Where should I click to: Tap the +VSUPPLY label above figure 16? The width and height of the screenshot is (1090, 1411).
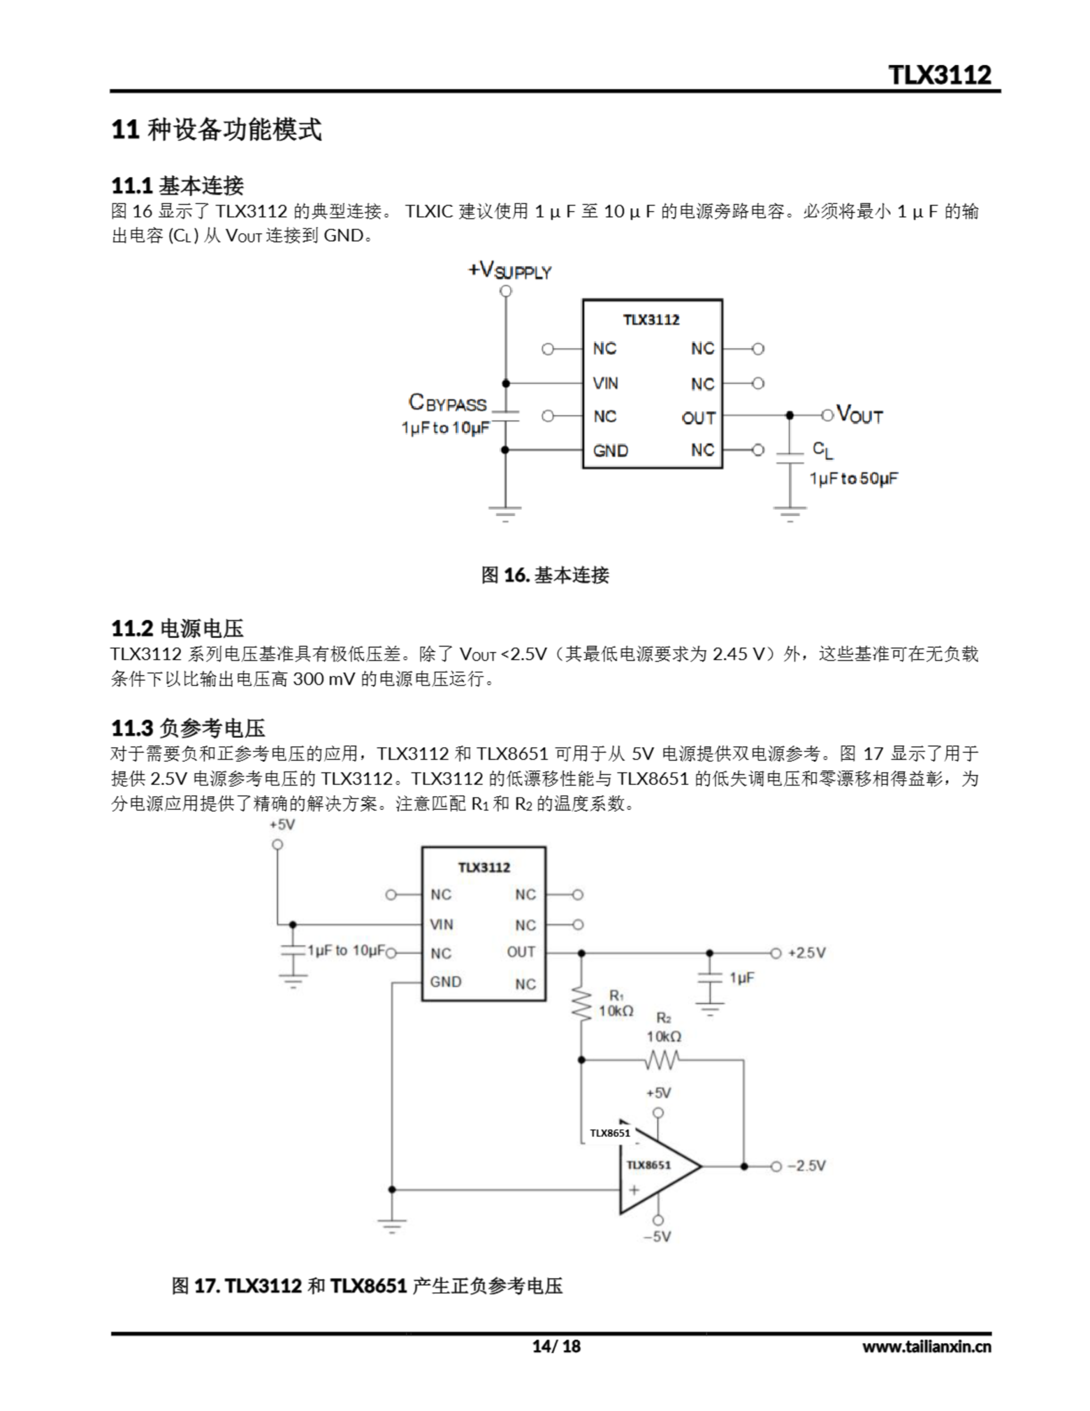[510, 270]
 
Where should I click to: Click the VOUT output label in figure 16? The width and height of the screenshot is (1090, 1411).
[859, 414]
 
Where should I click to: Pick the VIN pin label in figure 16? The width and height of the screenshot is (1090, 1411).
[606, 383]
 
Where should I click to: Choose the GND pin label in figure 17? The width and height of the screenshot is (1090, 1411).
[445, 982]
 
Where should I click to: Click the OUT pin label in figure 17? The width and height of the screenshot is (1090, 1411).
[521, 952]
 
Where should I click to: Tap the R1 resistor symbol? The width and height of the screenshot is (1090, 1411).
[581, 1004]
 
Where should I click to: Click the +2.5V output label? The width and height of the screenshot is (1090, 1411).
[806, 953]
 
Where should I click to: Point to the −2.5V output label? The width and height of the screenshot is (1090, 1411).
[806, 1166]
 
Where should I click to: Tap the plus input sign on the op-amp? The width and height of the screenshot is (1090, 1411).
[634, 1189]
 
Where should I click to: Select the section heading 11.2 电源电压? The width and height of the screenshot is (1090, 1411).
[177, 628]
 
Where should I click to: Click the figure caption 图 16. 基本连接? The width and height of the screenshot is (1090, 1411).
[544, 575]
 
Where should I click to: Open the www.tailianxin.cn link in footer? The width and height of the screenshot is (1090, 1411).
[926, 1347]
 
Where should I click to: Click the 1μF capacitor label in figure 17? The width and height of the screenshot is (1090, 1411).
[741, 977]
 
